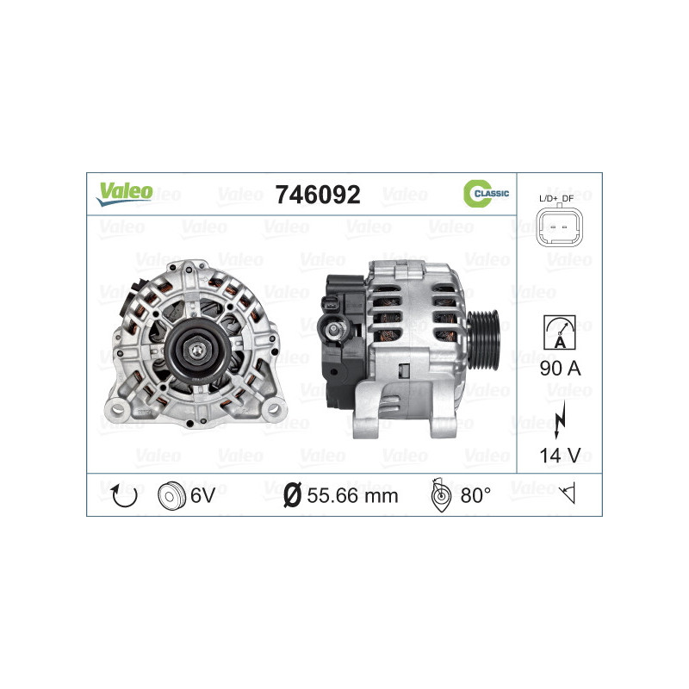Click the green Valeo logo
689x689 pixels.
pos(124,193)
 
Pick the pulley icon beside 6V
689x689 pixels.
pos(172,495)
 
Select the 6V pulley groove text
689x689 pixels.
pos(203,495)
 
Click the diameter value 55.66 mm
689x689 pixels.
pos(352,495)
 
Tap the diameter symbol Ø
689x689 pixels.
pos(292,495)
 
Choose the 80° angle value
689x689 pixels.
pos(475,495)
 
